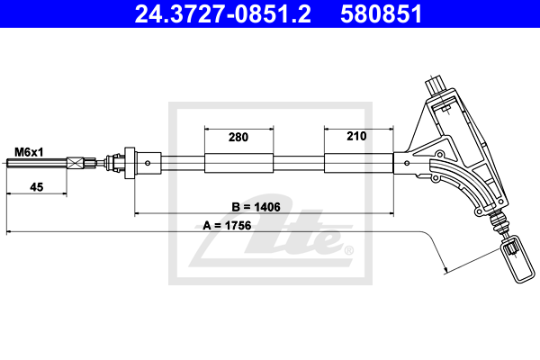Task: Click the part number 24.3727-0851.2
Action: (223, 14)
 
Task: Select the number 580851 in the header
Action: (382, 14)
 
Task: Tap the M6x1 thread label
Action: (29, 152)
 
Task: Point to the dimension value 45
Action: (37, 187)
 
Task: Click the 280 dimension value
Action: (238, 137)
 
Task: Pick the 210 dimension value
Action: (356, 136)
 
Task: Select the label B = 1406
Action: (256, 207)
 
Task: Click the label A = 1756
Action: (227, 225)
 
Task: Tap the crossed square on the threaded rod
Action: (75, 163)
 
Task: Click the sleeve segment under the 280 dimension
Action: (239, 163)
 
